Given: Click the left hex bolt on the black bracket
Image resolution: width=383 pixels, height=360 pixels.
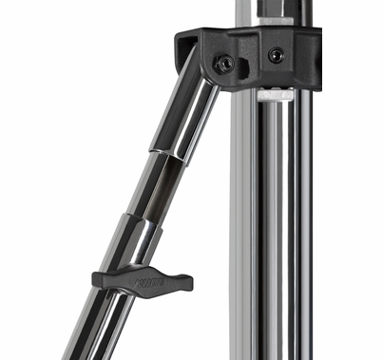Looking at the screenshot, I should click(x=226, y=63).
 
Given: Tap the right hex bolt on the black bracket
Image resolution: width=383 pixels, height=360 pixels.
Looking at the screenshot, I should click(x=275, y=55).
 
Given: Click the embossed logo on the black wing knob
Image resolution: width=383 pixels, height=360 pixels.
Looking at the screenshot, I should click(x=145, y=281).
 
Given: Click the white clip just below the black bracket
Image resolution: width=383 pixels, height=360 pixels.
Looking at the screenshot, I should click(x=275, y=95).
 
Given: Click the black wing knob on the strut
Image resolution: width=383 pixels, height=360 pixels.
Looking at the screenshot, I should click(x=143, y=280).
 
